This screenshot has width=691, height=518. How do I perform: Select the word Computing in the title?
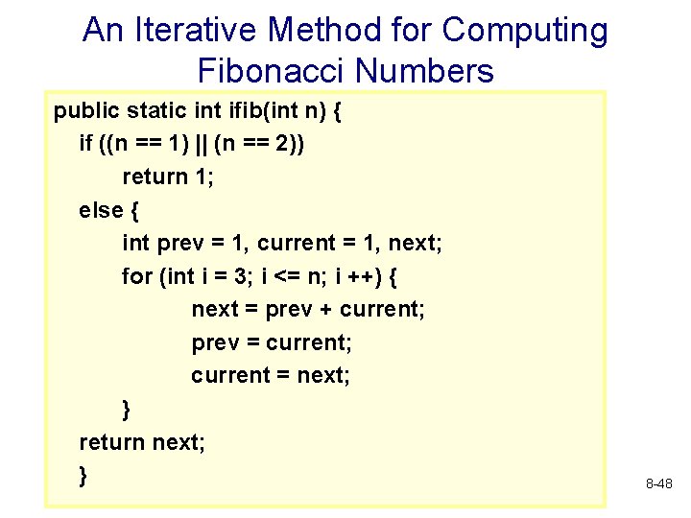524,31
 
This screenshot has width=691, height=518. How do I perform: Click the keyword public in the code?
83,110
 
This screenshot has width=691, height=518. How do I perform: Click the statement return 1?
161,177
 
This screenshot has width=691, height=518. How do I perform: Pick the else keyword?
101,210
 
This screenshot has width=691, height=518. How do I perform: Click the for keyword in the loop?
137,276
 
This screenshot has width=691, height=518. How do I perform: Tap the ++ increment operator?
370,276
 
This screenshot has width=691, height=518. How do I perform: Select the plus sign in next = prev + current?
322,310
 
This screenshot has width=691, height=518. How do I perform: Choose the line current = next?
271,375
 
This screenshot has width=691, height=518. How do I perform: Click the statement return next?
142,441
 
